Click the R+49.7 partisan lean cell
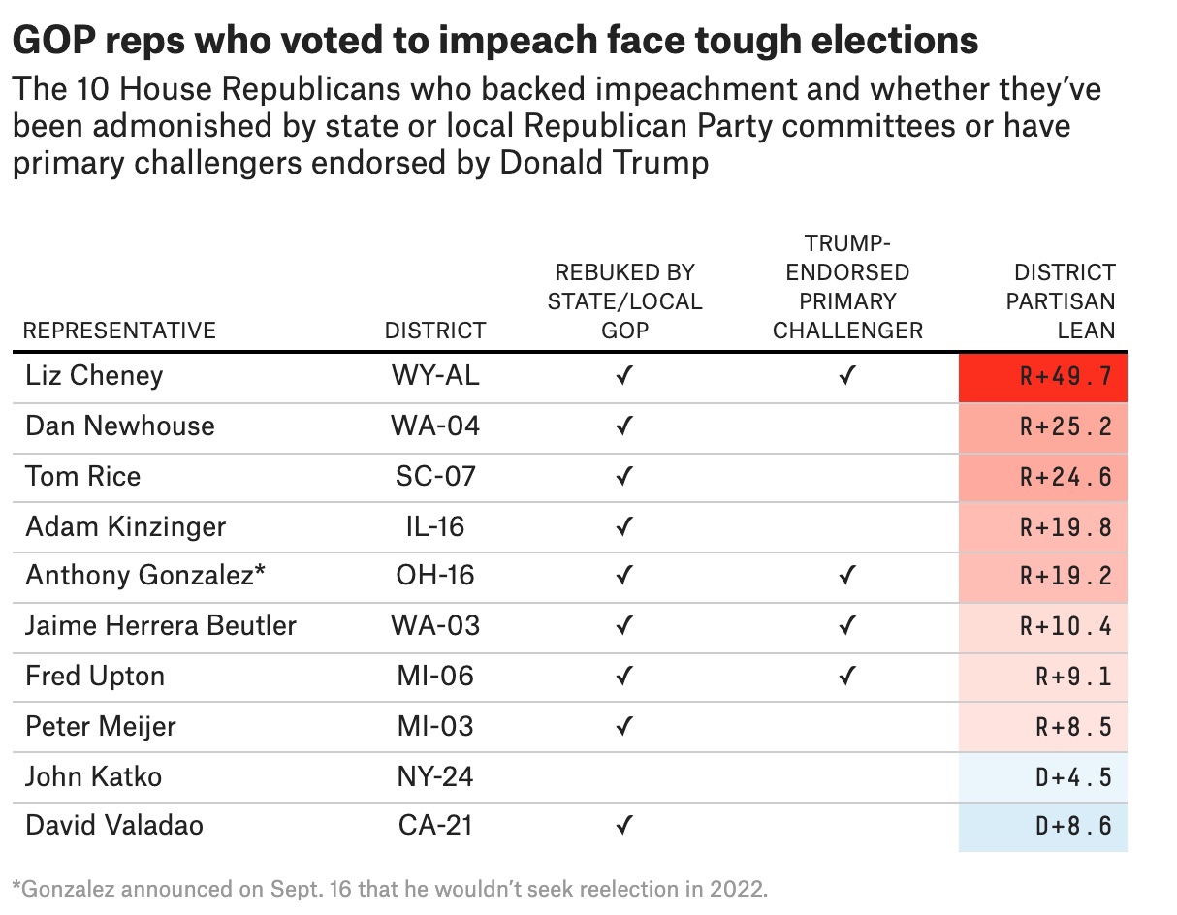1043,376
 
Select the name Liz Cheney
94,376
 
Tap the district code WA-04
435,426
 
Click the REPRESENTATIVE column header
120,331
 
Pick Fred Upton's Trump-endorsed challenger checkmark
847,676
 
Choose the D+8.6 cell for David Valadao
1043,827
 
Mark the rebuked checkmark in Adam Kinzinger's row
624,527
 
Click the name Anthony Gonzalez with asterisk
145,575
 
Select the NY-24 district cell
435,776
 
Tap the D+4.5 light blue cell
1043,776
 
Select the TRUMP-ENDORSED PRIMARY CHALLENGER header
847,287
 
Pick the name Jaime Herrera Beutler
161,625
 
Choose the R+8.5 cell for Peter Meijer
1043,726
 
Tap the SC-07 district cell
435,477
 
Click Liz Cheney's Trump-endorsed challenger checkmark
847,376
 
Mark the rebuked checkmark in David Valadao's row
624,827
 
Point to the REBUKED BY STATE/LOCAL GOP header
624,300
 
